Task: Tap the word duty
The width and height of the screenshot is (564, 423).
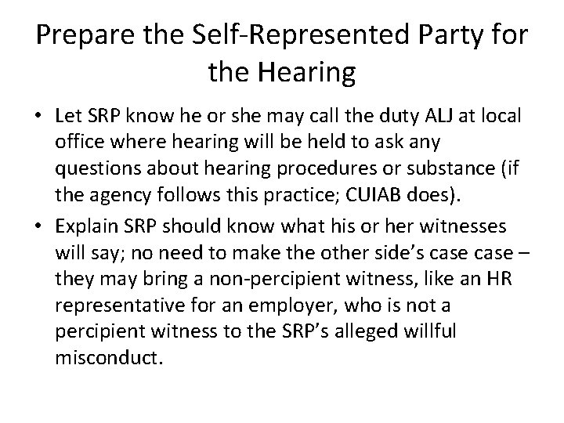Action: tap(385, 118)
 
